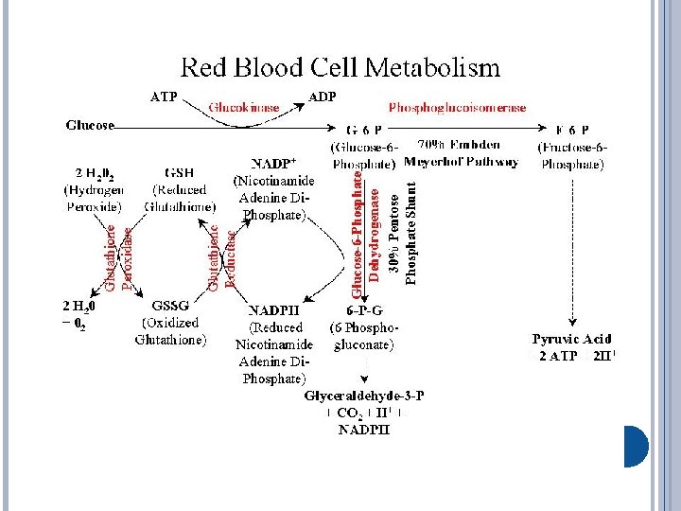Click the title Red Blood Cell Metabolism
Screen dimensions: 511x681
pyautogui.click(x=340, y=67)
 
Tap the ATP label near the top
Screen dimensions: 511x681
pyautogui.click(x=165, y=96)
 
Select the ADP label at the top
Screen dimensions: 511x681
pyautogui.click(x=324, y=96)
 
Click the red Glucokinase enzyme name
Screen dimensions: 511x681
pyautogui.click(x=244, y=108)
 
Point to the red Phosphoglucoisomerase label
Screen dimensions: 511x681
pyautogui.click(x=458, y=108)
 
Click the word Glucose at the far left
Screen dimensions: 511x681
pyautogui.click(x=91, y=124)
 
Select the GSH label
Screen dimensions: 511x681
pyautogui.click(x=180, y=173)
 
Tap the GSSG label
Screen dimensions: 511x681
pyautogui.click(x=171, y=307)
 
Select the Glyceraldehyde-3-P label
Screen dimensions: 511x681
pyautogui.click(x=364, y=396)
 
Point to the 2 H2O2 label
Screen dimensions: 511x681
pyautogui.click(x=93, y=173)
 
